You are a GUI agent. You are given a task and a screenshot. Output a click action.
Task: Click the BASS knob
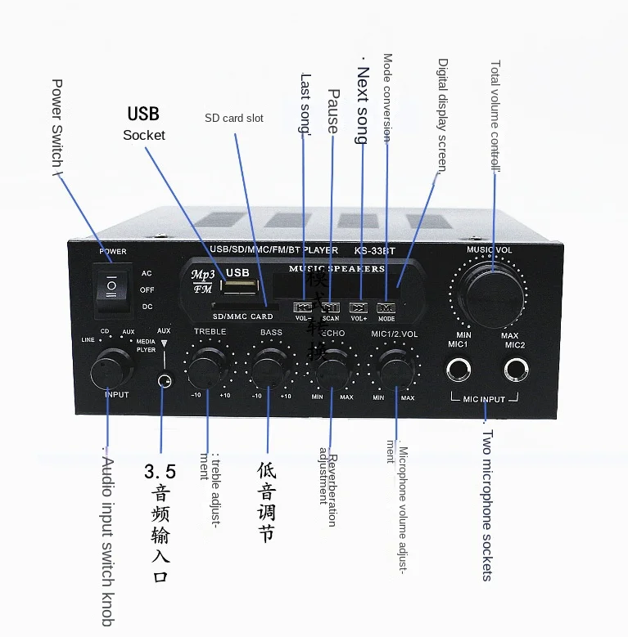269,367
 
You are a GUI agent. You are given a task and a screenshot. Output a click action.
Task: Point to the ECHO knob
331,369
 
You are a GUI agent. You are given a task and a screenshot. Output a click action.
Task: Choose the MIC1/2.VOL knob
394,367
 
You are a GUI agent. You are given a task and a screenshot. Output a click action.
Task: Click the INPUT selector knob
112,370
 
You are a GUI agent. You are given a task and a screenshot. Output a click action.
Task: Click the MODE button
386,308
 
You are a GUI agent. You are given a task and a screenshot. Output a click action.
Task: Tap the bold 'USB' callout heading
143,114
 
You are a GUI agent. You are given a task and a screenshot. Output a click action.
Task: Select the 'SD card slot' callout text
234,119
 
